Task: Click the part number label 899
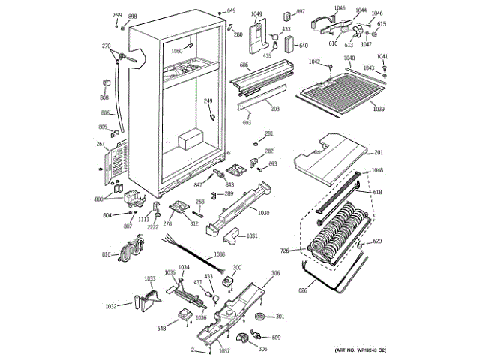tap(117, 15)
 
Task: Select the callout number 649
tap(231, 10)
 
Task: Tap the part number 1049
tap(257, 14)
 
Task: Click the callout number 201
tap(379, 152)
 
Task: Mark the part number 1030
tap(263, 214)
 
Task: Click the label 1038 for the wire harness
tap(219, 254)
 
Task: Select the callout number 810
tap(107, 255)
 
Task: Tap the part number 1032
tap(110, 305)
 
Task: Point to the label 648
tap(161, 327)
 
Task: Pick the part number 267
tap(99, 144)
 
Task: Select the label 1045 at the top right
tap(340, 8)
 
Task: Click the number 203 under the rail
tap(275, 109)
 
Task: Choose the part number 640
tap(303, 46)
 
